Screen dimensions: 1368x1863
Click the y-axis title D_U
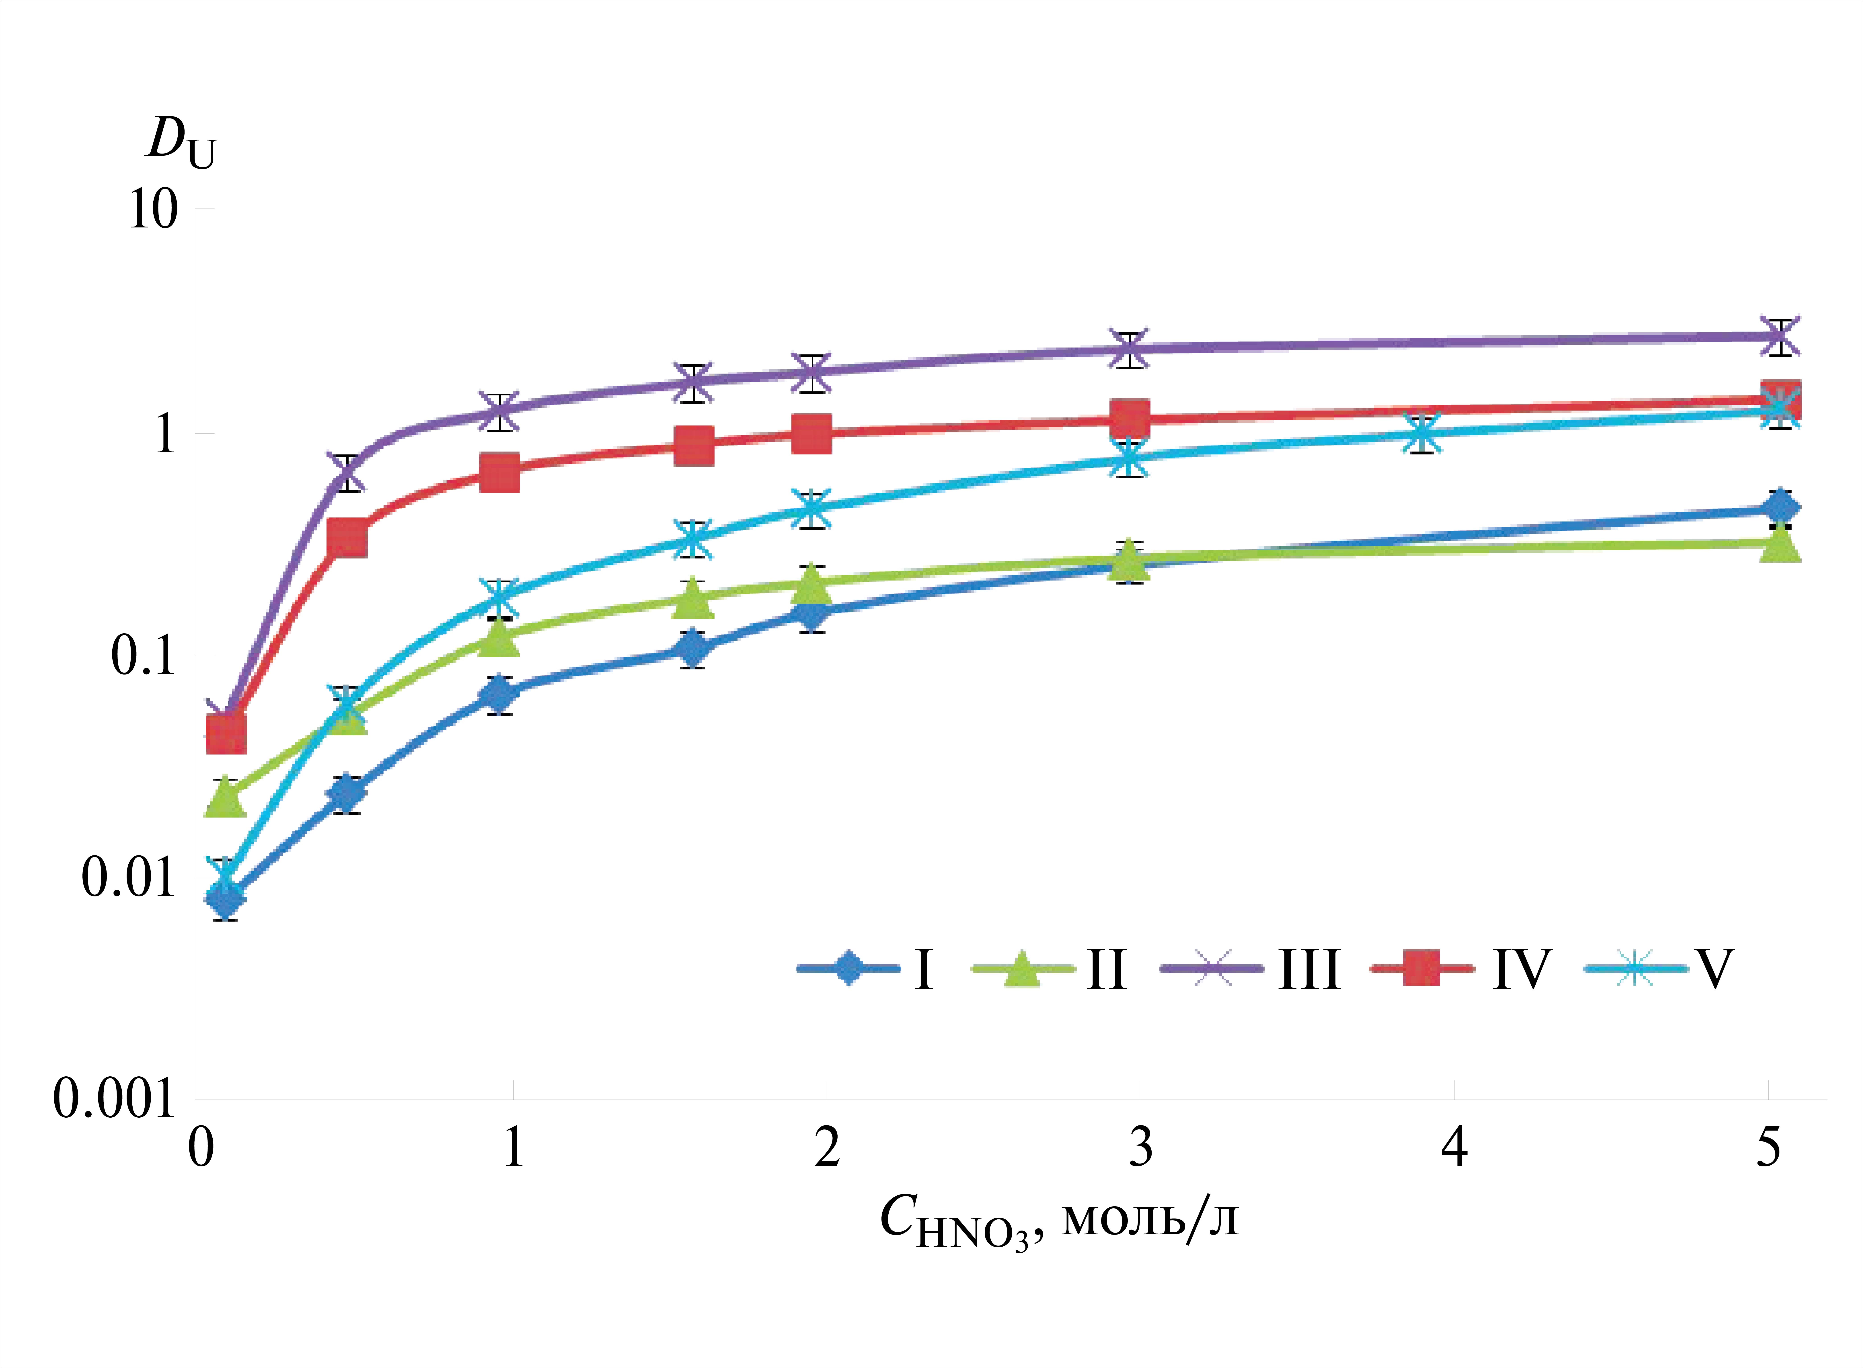click(181, 141)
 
